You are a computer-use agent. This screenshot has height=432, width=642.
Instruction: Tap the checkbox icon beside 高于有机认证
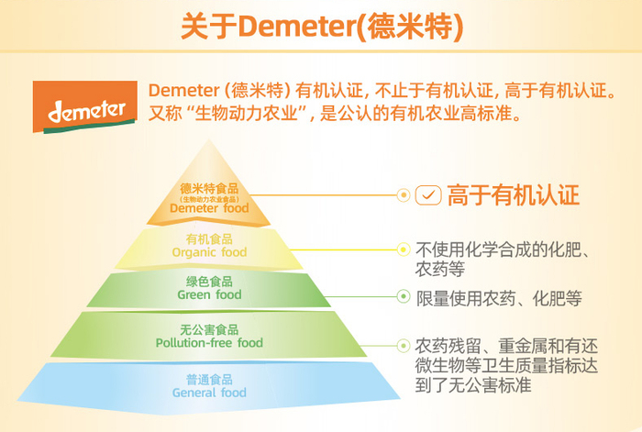pyautogui.click(x=428, y=195)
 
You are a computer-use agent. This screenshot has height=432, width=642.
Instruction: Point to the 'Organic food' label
pyautogui.click(x=209, y=252)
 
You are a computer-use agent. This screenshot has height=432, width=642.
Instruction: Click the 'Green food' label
pyautogui.click(x=209, y=295)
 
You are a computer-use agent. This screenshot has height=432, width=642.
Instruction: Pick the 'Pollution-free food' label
pyautogui.click(x=209, y=343)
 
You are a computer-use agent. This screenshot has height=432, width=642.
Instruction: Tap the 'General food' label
pyautogui.click(x=209, y=393)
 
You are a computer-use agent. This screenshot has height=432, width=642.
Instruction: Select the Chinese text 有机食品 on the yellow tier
pyautogui.click(x=209, y=239)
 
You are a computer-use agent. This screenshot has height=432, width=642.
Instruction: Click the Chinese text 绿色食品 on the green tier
pyautogui.click(x=209, y=282)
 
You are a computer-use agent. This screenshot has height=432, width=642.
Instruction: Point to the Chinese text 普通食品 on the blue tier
pyautogui.click(x=209, y=379)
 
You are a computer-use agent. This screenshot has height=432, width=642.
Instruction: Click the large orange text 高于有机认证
pyautogui.click(x=513, y=195)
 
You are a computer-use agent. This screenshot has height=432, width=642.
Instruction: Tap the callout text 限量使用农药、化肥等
pyautogui.click(x=499, y=298)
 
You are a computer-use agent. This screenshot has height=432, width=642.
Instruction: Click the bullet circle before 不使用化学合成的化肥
pyautogui.click(x=403, y=249)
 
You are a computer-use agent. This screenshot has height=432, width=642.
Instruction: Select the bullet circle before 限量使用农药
pyautogui.click(x=403, y=297)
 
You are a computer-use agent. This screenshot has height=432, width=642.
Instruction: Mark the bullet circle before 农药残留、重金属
pyautogui.click(x=403, y=346)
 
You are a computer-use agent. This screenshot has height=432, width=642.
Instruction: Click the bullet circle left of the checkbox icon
pyautogui.click(x=403, y=195)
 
